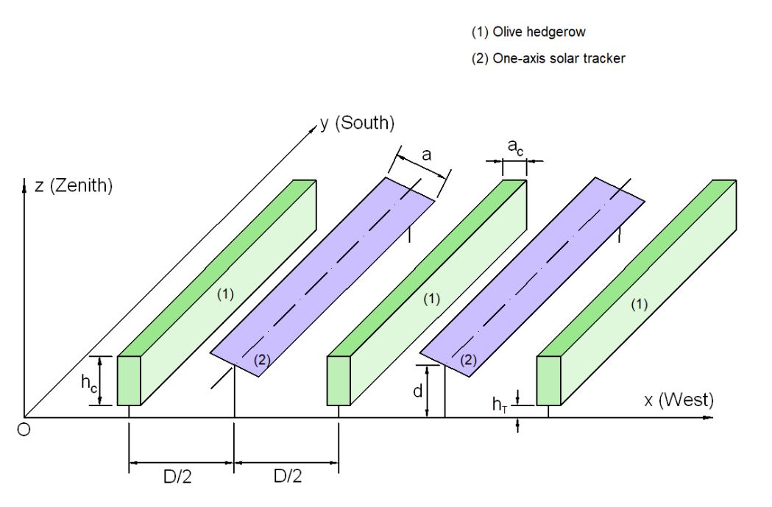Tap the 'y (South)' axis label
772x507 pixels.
tap(358, 123)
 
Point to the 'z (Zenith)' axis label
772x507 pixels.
tap(74, 186)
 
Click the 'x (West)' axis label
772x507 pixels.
tap(679, 400)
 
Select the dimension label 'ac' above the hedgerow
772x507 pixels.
tap(516, 147)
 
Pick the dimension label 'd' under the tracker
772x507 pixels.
tap(417, 391)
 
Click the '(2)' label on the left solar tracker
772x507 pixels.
tap(263, 361)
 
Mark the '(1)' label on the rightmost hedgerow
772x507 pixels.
tap(641, 305)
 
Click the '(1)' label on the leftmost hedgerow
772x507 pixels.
tap(225, 294)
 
